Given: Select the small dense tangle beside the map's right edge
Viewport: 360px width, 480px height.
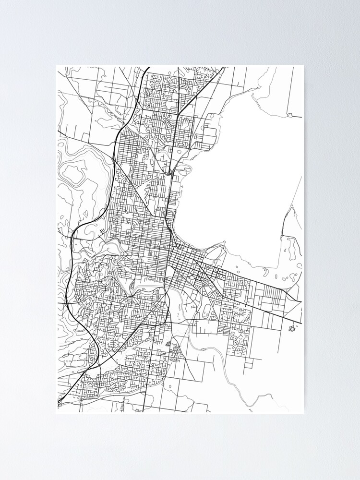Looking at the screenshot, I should (x=291, y=328).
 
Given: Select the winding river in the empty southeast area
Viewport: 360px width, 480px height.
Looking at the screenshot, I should (x=226, y=365).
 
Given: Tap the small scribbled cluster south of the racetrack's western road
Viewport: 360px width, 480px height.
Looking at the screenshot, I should (x=168, y=344).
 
